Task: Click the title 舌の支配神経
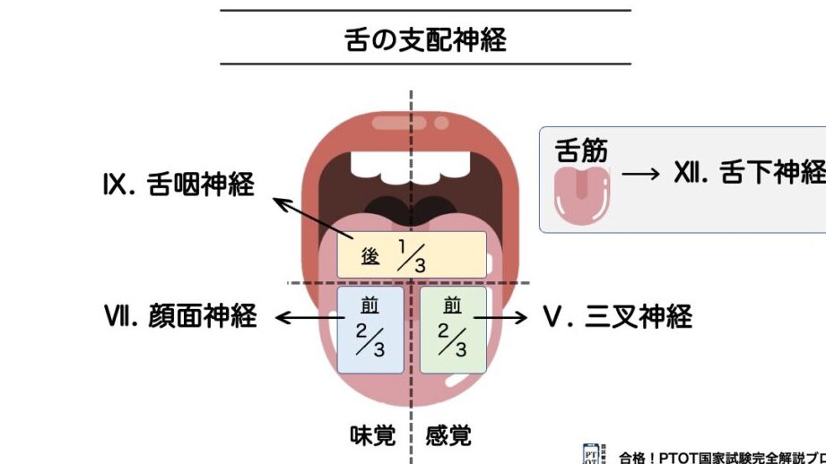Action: (425, 39)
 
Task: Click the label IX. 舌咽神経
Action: (178, 185)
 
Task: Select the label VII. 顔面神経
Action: (180, 316)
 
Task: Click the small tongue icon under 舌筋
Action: (583, 194)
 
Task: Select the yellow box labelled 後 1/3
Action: (412, 255)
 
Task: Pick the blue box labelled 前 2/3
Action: (370, 329)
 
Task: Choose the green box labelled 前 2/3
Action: (453, 329)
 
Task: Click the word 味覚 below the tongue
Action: (372, 436)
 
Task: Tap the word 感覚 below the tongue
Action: (448, 436)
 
